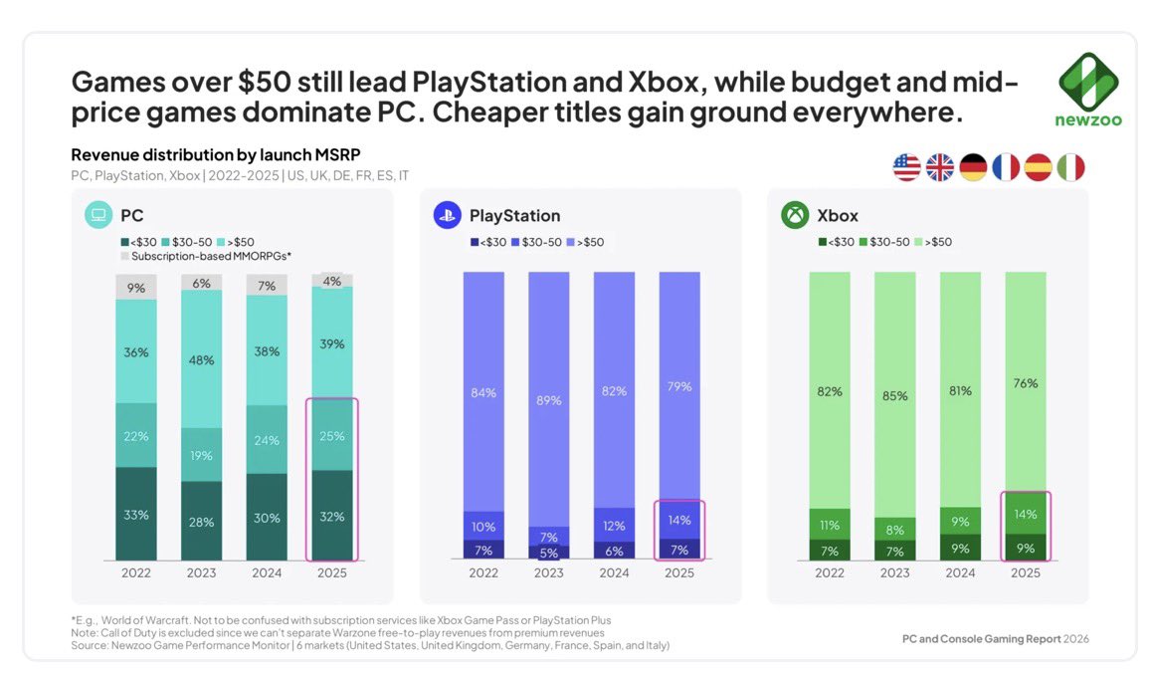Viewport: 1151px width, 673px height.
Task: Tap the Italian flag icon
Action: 1069,168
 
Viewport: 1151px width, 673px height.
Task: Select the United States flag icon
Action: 906,168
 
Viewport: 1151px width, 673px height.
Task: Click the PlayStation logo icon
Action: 447,215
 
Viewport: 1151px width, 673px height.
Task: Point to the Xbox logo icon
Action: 795,215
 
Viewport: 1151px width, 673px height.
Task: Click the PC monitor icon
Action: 98,215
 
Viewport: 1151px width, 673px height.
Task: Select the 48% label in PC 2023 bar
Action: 202,360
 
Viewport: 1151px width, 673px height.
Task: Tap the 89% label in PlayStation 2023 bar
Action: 549,399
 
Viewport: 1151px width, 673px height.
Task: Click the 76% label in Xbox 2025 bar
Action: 1026,383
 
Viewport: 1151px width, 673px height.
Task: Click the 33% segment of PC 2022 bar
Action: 136,515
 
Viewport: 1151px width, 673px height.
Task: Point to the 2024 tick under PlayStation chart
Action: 614,573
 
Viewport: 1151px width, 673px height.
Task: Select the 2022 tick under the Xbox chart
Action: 830,573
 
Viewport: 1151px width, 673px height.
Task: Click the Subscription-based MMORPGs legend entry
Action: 210,257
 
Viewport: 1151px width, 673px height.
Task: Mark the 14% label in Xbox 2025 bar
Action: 1026,515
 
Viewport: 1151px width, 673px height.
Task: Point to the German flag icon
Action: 972,168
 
